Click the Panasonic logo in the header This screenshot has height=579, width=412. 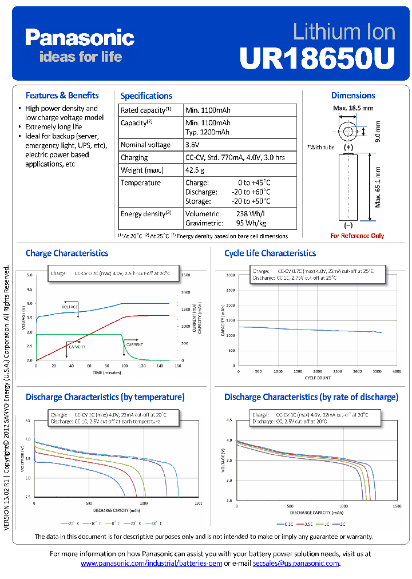(80, 38)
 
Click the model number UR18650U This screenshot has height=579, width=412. (317, 57)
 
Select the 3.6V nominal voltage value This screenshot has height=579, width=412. (192, 145)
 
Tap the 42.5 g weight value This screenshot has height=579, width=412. (195, 170)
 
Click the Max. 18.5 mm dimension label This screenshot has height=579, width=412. (353, 108)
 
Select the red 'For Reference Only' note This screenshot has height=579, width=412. (357, 236)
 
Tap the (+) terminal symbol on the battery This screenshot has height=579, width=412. (348, 148)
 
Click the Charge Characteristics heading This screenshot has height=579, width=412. (67, 253)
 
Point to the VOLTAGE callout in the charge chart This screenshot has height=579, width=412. (70, 307)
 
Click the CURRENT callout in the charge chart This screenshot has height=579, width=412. (134, 345)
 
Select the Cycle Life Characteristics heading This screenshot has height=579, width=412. (270, 253)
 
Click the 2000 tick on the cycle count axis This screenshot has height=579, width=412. (318, 371)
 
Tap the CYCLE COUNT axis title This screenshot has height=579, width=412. (318, 378)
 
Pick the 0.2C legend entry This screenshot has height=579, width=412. (287, 524)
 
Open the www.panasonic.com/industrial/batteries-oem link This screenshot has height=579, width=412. (150, 564)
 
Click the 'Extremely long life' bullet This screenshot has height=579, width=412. (53, 126)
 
